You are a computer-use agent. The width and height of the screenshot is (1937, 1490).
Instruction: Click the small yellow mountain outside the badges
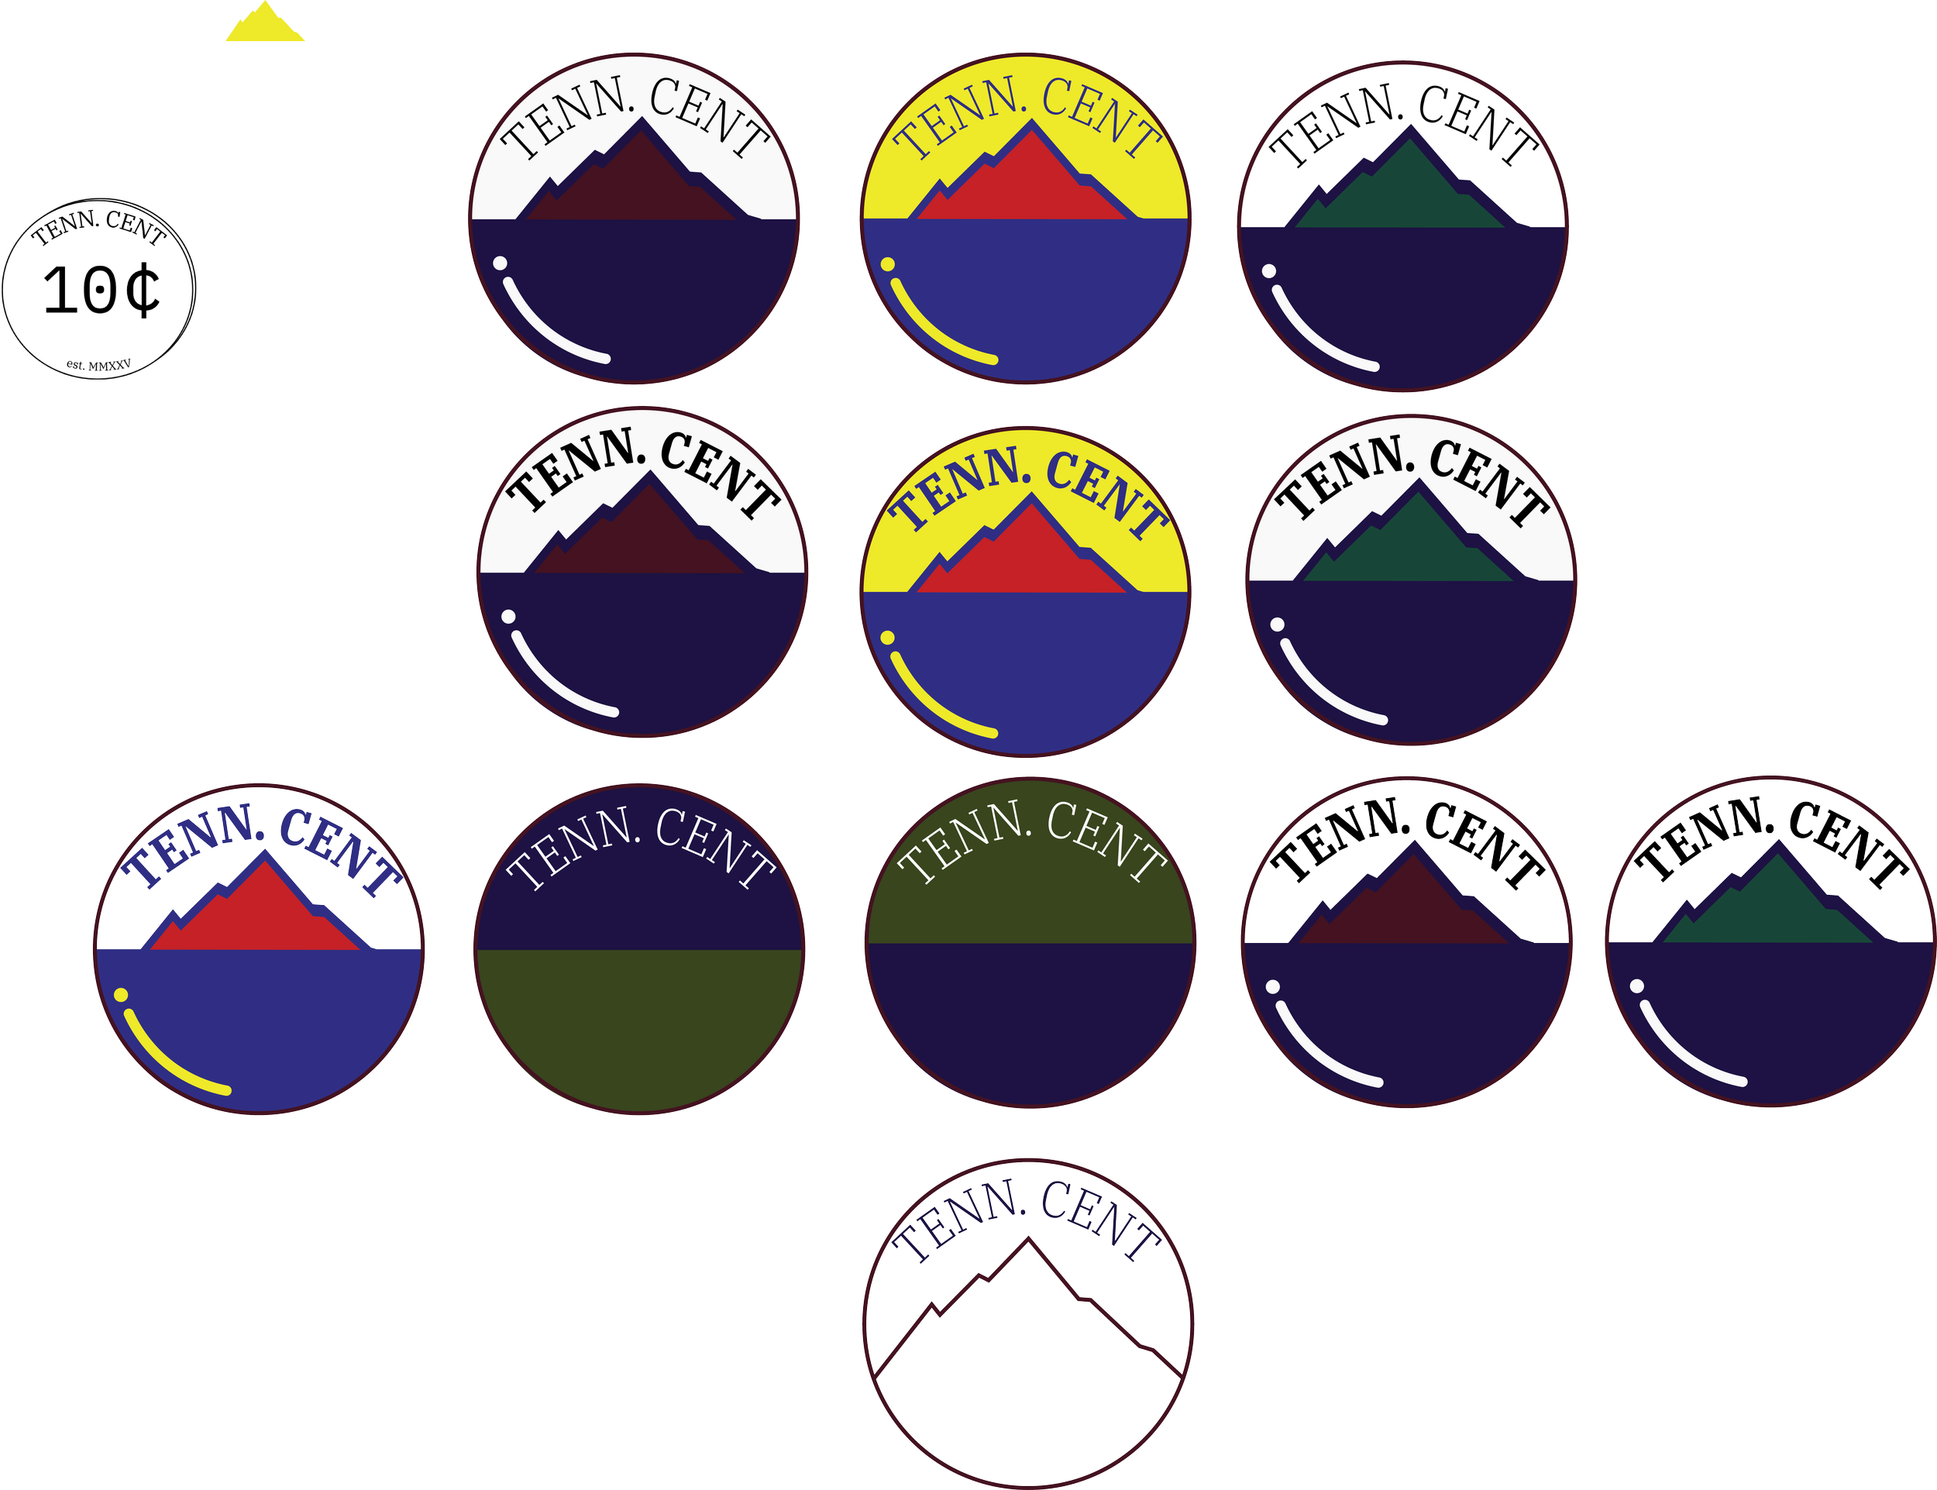264,24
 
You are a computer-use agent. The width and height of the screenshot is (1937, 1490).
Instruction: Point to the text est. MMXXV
98,364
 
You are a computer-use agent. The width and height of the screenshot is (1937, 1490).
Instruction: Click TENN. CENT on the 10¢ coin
99,225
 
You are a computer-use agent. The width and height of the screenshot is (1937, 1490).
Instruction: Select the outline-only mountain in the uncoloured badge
1028,1307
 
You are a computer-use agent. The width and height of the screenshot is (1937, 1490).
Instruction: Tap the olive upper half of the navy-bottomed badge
1030,865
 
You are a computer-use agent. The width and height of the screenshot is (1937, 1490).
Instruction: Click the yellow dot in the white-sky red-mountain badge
121,995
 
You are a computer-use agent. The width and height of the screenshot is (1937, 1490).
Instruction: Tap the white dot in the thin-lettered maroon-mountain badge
501,263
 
